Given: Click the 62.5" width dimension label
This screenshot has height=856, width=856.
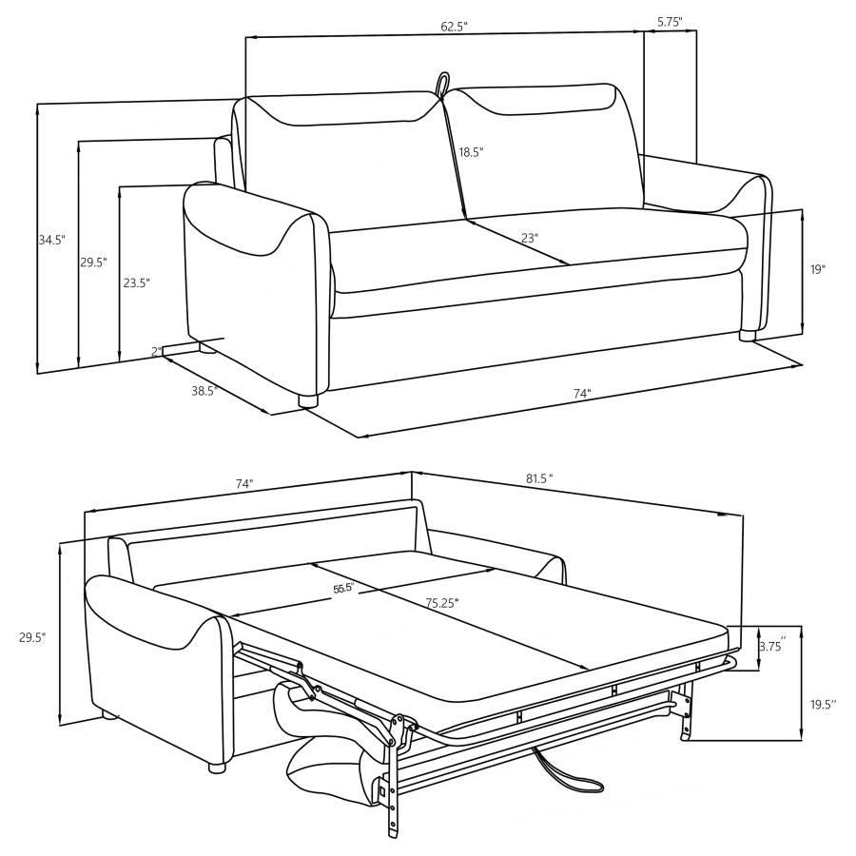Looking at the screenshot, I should (454, 27).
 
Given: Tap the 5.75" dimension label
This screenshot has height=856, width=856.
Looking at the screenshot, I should (670, 20).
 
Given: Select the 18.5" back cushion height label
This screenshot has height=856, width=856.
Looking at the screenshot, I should (471, 152).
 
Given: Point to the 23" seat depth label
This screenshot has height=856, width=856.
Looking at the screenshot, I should (530, 238).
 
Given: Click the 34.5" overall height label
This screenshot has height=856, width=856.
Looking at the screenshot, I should (51, 241).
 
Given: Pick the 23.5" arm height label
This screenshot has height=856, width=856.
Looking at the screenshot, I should (136, 282).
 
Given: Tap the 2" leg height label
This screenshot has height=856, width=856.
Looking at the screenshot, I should (155, 352).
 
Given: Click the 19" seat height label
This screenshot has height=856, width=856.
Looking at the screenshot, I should (817, 269).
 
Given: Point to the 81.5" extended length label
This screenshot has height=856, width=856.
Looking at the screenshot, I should (538, 478).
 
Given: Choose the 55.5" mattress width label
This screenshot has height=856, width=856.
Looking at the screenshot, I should (342, 589).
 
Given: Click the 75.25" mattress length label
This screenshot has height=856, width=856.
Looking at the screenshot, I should (442, 602).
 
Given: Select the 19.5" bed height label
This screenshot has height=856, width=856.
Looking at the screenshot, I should (822, 704).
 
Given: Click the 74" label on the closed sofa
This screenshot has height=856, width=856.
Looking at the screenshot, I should (582, 393).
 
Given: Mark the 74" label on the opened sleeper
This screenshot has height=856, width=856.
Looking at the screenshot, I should (244, 484).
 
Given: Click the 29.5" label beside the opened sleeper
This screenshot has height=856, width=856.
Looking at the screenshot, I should (32, 637).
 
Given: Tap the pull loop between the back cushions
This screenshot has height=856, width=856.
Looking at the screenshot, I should (442, 84).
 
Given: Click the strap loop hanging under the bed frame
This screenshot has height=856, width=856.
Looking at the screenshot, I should (571, 770).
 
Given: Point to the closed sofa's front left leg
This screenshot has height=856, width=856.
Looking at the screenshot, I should (307, 400).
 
